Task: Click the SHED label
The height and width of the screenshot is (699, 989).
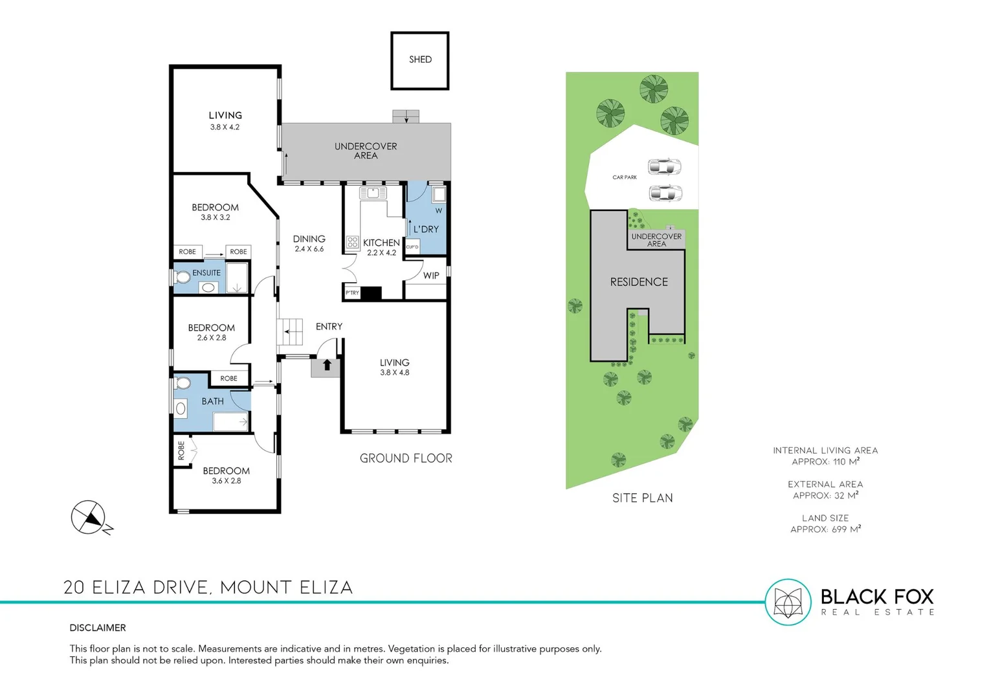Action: [420, 60]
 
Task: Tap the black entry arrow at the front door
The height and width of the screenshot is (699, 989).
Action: [327, 365]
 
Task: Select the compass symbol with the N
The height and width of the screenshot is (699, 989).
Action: [89, 518]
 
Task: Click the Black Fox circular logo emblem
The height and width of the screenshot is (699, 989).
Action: [788, 602]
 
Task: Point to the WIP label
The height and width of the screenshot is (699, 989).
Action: [431, 276]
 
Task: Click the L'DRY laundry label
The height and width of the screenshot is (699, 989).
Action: [426, 229]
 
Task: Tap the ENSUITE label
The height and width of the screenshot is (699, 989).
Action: [206, 273]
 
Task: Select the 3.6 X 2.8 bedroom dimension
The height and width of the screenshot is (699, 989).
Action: [226, 481]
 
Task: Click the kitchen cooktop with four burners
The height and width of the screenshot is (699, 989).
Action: [353, 243]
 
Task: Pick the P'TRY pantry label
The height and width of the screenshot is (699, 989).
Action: [352, 293]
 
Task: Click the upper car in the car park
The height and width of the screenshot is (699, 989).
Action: [665, 167]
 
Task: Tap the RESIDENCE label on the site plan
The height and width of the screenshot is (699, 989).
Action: [639, 282]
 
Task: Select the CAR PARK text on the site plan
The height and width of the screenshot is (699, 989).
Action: [625, 177]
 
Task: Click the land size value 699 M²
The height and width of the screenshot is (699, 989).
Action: [825, 529]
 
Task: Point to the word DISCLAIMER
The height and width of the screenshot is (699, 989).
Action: [98, 628]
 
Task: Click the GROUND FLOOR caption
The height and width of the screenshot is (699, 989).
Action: [406, 458]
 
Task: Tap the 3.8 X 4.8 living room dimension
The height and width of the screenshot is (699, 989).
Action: [394, 373]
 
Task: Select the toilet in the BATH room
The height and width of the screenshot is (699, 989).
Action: [183, 384]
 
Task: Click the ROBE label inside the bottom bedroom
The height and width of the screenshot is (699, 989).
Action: [181, 450]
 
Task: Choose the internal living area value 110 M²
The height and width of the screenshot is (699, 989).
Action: [825, 462]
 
